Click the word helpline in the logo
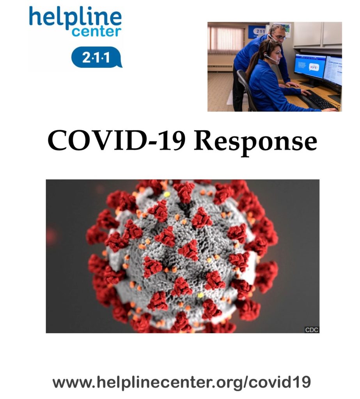pyautogui.click(x=75, y=17)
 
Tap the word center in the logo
pyautogui.click(x=96, y=32)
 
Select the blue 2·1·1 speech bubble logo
pyautogui.click(x=97, y=57)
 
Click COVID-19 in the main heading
pyautogui.click(x=116, y=141)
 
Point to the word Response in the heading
pyautogui.click(x=255, y=143)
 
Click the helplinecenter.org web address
pyautogui.click(x=181, y=383)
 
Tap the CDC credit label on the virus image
pyautogui.click(x=312, y=330)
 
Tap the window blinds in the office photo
pyautogui.click(x=225, y=40)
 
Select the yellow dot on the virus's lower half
pyautogui.click(x=200, y=295)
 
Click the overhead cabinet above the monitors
pyautogui.click(x=317, y=35)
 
